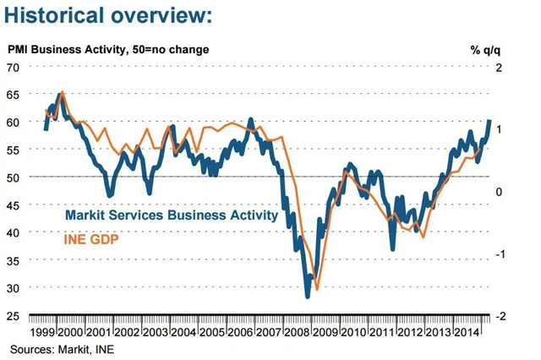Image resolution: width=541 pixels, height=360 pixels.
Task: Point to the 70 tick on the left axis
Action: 14,67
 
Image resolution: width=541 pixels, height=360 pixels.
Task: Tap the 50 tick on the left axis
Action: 14,177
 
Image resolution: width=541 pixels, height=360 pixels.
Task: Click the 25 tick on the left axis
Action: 14,316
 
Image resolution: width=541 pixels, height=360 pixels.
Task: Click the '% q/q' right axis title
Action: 487,49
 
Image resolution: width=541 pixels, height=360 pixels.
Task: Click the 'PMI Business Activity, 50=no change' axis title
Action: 109,49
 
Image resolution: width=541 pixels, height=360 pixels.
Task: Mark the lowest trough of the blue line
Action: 308,296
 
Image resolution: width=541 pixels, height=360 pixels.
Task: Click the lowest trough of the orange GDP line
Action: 317,289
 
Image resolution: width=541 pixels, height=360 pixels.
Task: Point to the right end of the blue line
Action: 489,122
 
